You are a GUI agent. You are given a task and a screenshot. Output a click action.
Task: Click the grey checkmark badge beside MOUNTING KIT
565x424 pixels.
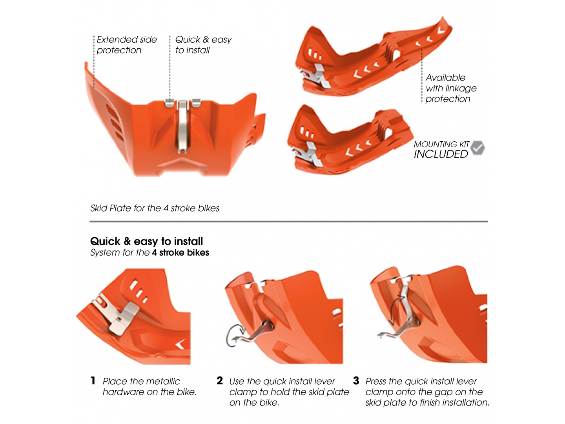click(x=478, y=148)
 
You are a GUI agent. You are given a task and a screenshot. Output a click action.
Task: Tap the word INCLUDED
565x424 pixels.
click(x=441, y=154)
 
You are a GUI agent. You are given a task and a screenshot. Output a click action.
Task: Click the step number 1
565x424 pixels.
click(x=93, y=380)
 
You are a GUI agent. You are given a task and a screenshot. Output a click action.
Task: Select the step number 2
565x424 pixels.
click(x=220, y=380)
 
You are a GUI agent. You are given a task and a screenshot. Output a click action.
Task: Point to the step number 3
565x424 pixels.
click(x=356, y=380)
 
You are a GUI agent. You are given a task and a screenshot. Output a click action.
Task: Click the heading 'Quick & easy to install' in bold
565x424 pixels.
click(x=146, y=241)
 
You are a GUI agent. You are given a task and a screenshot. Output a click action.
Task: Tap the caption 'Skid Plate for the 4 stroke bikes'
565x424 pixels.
click(x=155, y=208)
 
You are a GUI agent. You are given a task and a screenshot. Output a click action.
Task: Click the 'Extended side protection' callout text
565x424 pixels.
click(x=126, y=45)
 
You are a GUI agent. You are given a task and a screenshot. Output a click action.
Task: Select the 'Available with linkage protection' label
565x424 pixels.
click(x=450, y=88)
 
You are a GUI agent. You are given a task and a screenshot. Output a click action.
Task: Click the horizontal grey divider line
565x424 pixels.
click(x=288, y=221)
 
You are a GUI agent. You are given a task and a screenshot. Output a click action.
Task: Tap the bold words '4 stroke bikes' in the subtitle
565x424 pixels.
click(x=180, y=252)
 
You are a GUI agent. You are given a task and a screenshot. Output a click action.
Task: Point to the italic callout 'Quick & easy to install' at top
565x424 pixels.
click(x=203, y=45)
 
